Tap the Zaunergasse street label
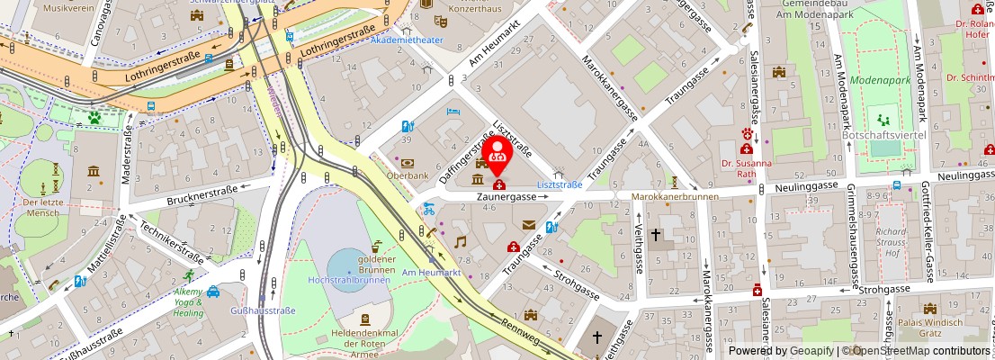click(506, 195)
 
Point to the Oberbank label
click(407, 176)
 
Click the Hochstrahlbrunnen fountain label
click(347, 280)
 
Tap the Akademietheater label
click(406, 40)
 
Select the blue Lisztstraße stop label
click(559, 184)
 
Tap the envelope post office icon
click(528, 225)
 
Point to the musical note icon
click(460, 241)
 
